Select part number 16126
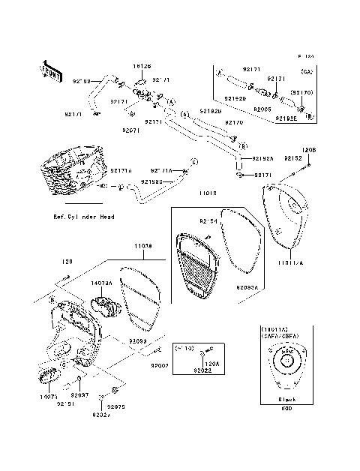tap(143, 67)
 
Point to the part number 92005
tap(262, 109)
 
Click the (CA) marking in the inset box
tap(305, 71)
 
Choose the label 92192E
tap(286, 118)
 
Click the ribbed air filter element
tap(197, 266)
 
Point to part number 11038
tap(143, 245)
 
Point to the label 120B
tap(310, 148)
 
